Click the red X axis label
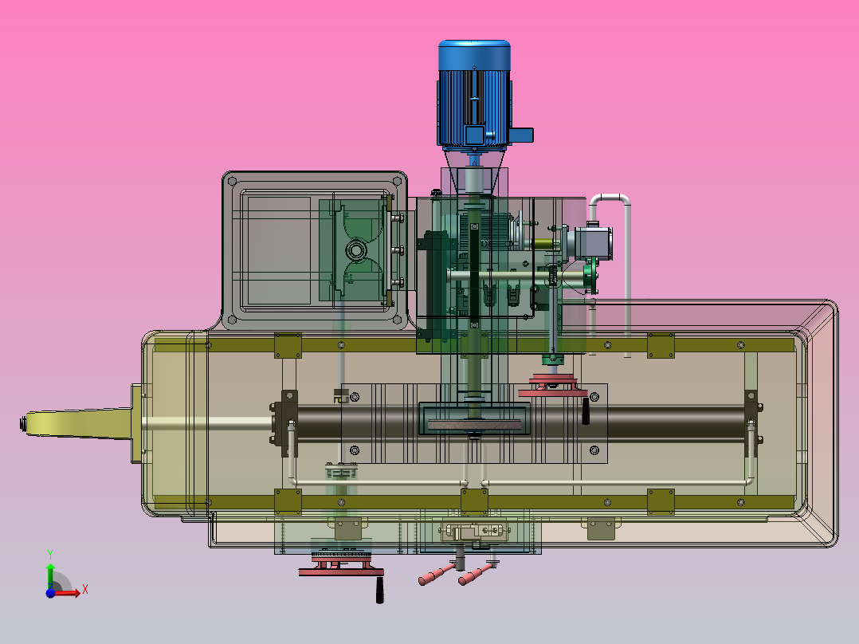click(x=84, y=590)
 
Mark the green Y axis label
click(x=49, y=552)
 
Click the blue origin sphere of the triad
click(x=50, y=593)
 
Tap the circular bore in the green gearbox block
click(x=356, y=250)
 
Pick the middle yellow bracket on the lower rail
click(x=474, y=501)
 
